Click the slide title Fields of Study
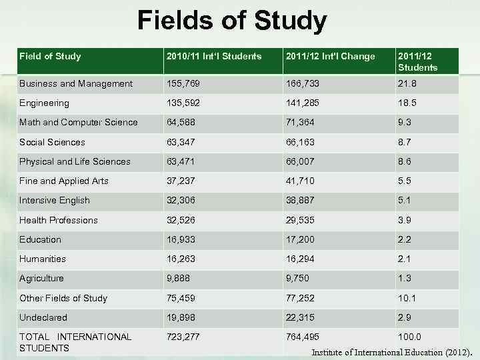[232, 21]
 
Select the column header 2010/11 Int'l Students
[213, 57]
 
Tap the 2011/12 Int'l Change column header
[329, 57]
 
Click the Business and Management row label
[76, 84]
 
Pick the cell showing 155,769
[184, 84]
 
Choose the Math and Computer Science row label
[79, 123]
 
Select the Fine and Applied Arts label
[64, 181]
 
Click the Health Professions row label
[59, 220]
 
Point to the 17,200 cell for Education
[301, 239]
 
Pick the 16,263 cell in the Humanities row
[181, 259]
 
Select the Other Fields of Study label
[63, 298]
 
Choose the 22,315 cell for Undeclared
[301, 317]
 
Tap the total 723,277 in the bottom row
[184, 337]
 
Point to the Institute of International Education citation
[392, 352]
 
